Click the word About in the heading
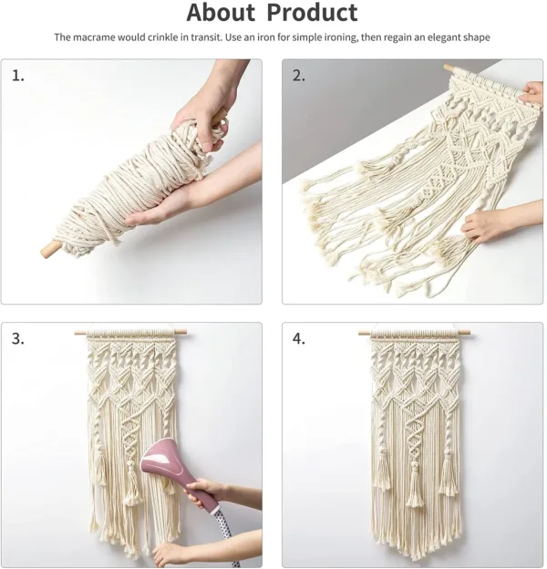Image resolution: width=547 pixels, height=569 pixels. pos(222,14)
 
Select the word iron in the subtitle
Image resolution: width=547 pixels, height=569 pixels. pos(284,37)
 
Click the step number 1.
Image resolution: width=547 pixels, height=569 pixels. pos(17,76)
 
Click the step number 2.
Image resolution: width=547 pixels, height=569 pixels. pos(298,76)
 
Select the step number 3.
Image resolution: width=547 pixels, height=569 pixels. pos(17,338)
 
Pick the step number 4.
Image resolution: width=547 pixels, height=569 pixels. pos(298,338)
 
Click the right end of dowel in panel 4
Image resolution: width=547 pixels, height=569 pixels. pos(470,333)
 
